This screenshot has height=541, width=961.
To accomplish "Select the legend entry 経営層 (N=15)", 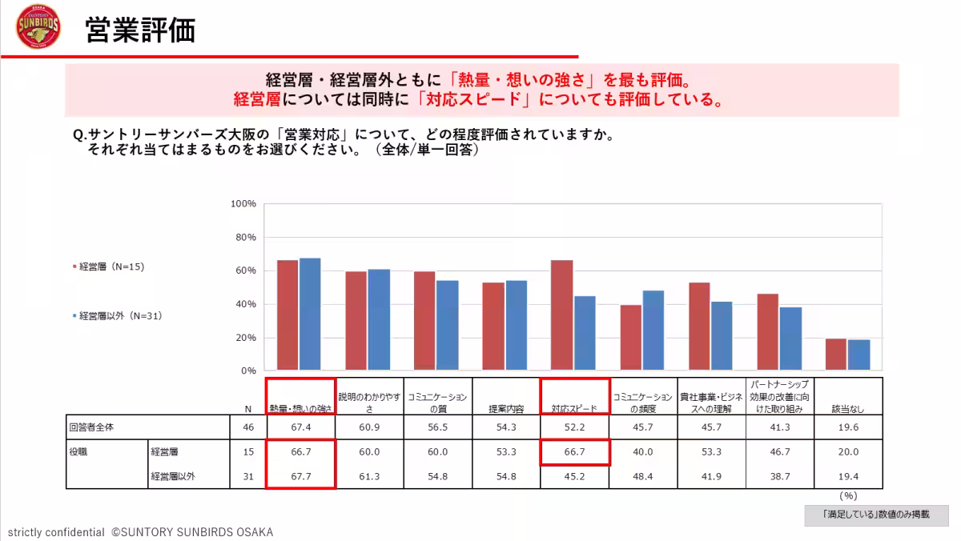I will tap(108, 266).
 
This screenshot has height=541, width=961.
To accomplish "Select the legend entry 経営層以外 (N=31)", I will tap(117, 316).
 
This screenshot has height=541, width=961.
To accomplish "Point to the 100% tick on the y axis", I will tap(243, 204).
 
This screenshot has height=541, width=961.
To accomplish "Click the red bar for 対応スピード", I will tap(561, 315).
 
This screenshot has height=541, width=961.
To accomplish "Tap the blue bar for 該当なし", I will tap(858, 355).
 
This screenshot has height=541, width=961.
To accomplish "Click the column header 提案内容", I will tap(506, 408).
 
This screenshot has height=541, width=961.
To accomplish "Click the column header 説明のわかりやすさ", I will tap(368, 402).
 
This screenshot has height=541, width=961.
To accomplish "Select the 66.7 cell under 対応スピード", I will tap(574, 452).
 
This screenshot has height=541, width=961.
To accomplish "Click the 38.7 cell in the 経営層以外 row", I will tap(779, 477).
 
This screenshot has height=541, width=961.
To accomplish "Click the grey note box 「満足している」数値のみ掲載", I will tap(876, 515).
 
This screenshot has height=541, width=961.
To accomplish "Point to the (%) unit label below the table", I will tap(848, 496).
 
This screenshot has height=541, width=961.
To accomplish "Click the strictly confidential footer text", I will tap(56, 532).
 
